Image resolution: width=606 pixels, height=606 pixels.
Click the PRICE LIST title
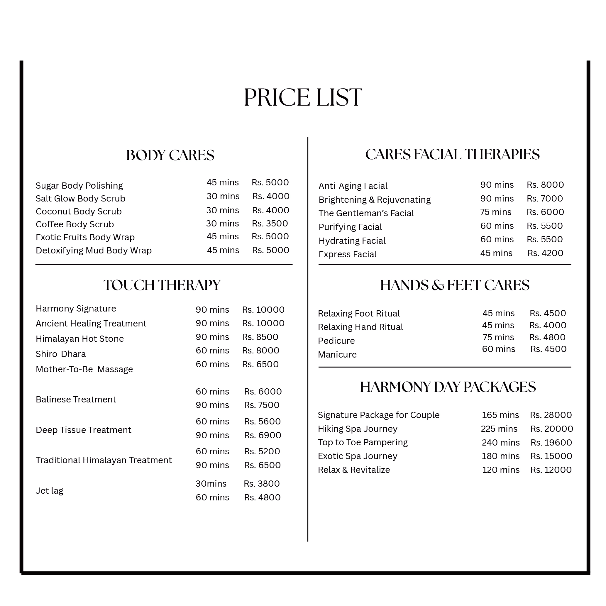(303, 97)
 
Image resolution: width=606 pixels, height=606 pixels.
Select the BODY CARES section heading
(170, 155)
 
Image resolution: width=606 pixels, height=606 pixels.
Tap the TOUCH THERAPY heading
(162, 285)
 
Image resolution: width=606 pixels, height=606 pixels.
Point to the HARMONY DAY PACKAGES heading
(448, 387)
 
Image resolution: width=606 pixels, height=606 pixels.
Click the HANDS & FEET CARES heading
(455, 285)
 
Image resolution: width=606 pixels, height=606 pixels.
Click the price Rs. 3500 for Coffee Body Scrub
(270, 223)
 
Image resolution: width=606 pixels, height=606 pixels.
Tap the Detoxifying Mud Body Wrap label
(94, 250)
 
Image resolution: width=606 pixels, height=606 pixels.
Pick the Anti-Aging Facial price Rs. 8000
(545, 185)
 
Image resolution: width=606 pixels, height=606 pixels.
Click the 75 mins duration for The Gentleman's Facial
(496, 212)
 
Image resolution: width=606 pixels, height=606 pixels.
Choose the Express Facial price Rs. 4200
(545, 253)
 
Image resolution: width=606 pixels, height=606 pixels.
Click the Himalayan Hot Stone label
(80, 339)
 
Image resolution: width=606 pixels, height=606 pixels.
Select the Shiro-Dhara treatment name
(60, 354)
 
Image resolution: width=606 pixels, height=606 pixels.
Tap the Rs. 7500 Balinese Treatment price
(262, 405)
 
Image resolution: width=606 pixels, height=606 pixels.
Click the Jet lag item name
(49, 490)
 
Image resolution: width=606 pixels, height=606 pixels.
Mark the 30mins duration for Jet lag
(211, 484)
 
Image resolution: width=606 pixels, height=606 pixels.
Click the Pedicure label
(336, 341)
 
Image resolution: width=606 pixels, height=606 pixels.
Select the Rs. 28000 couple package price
(551, 415)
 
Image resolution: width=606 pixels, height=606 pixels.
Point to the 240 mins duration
(501, 443)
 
